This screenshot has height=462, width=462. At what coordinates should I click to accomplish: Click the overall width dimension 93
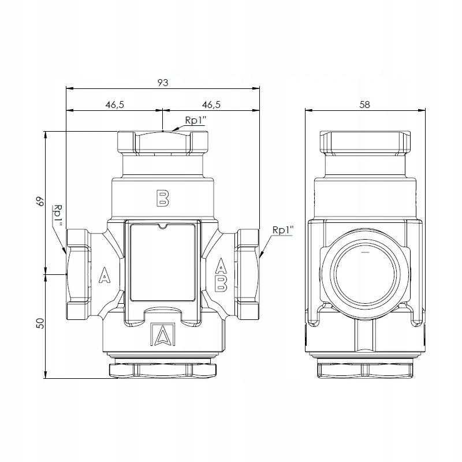(163, 83)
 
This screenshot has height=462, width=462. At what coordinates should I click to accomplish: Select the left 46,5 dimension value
(115, 105)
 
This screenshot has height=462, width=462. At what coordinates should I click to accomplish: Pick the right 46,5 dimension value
(211, 105)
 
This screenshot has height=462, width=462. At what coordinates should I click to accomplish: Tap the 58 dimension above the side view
(365, 105)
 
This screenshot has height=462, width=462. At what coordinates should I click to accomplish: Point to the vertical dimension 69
(40, 201)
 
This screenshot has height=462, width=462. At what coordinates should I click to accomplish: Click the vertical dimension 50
(40, 323)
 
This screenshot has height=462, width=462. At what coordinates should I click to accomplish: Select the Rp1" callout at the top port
(195, 120)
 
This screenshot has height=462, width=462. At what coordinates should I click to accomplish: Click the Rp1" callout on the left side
(58, 216)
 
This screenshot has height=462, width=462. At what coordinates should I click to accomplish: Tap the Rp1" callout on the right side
(283, 230)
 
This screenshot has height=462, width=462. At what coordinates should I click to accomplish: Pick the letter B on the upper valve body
(162, 198)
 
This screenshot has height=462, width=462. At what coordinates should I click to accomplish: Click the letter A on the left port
(105, 275)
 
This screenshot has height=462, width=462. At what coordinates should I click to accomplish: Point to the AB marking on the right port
(221, 275)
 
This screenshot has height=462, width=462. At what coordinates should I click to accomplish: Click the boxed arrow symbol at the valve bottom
(163, 334)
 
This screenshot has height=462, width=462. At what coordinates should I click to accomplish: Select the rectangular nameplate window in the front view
(162, 262)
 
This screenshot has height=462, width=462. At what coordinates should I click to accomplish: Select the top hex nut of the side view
(365, 143)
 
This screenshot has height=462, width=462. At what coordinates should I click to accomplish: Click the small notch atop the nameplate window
(162, 226)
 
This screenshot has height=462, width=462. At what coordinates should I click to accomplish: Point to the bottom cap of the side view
(365, 371)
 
